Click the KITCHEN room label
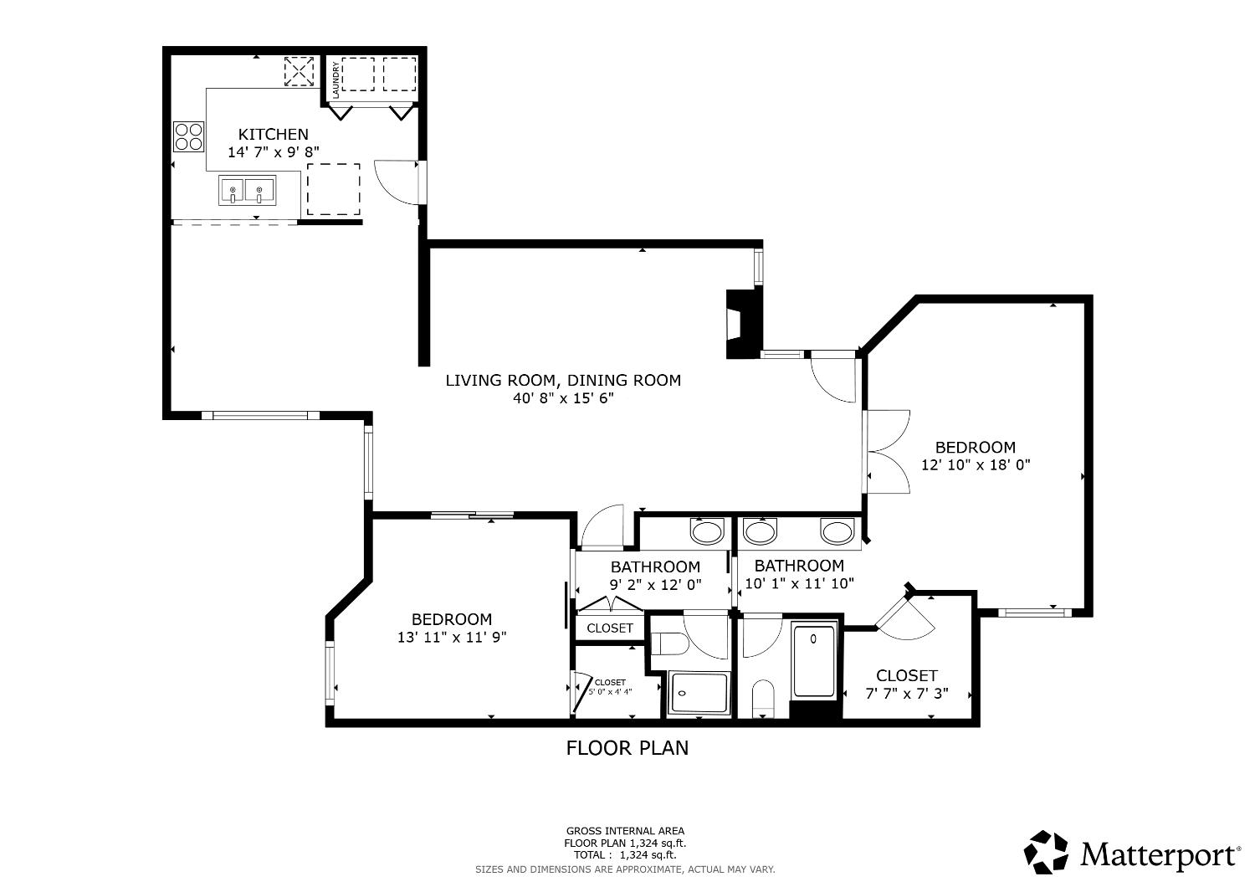click(x=273, y=134)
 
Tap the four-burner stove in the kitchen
click(x=188, y=136)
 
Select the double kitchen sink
click(x=247, y=191)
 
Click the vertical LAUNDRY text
click(x=336, y=79)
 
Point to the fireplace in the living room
click(x=741, y=324)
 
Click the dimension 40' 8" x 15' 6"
click(x=563, y=399)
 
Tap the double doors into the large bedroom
click(x=887, y=452)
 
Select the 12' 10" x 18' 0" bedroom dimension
click(x=975, y=465)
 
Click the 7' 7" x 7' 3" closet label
click(x=906, y=693)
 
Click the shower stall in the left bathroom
click(x=699, y=693)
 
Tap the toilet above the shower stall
click(x=669, y=643)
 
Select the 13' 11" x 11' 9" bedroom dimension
click(x=452, y=637)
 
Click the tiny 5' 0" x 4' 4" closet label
click(x=610, y=692)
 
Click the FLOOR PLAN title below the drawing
click(x=627, y=747)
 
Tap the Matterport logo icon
click(x=1047, y=853)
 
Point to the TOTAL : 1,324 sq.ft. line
click(x=624, y=855)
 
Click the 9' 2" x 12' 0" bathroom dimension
click(x=655, y=585)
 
